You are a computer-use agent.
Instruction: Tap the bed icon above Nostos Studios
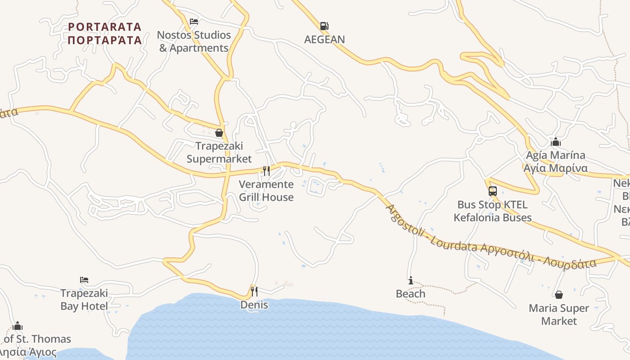point(194,21)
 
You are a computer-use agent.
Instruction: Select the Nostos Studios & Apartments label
point(194,41)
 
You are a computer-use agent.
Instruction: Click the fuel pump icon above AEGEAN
point(324,26)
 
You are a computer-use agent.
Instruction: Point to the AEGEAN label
point(324,40)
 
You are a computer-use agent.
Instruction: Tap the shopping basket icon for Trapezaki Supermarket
point(219,133)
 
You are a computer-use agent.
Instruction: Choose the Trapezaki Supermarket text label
point(219,153)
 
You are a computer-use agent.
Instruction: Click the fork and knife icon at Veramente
point(266,171)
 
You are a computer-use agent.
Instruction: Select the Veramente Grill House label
point(266,191)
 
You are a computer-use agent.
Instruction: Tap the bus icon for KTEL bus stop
point(493,191)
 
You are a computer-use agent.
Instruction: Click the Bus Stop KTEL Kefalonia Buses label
point(493,211)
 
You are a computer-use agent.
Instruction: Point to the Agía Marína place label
point(556,162)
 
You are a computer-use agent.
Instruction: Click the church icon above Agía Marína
point(556,142)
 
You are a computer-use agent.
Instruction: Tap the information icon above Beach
point(410,281)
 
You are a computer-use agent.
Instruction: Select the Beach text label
point(410,294)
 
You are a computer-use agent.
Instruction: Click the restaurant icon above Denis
point(254,292)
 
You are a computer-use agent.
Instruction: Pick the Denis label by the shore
point(254,305)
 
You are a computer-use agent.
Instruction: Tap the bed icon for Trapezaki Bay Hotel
point(84,280)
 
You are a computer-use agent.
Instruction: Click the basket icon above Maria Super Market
point(558,295)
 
